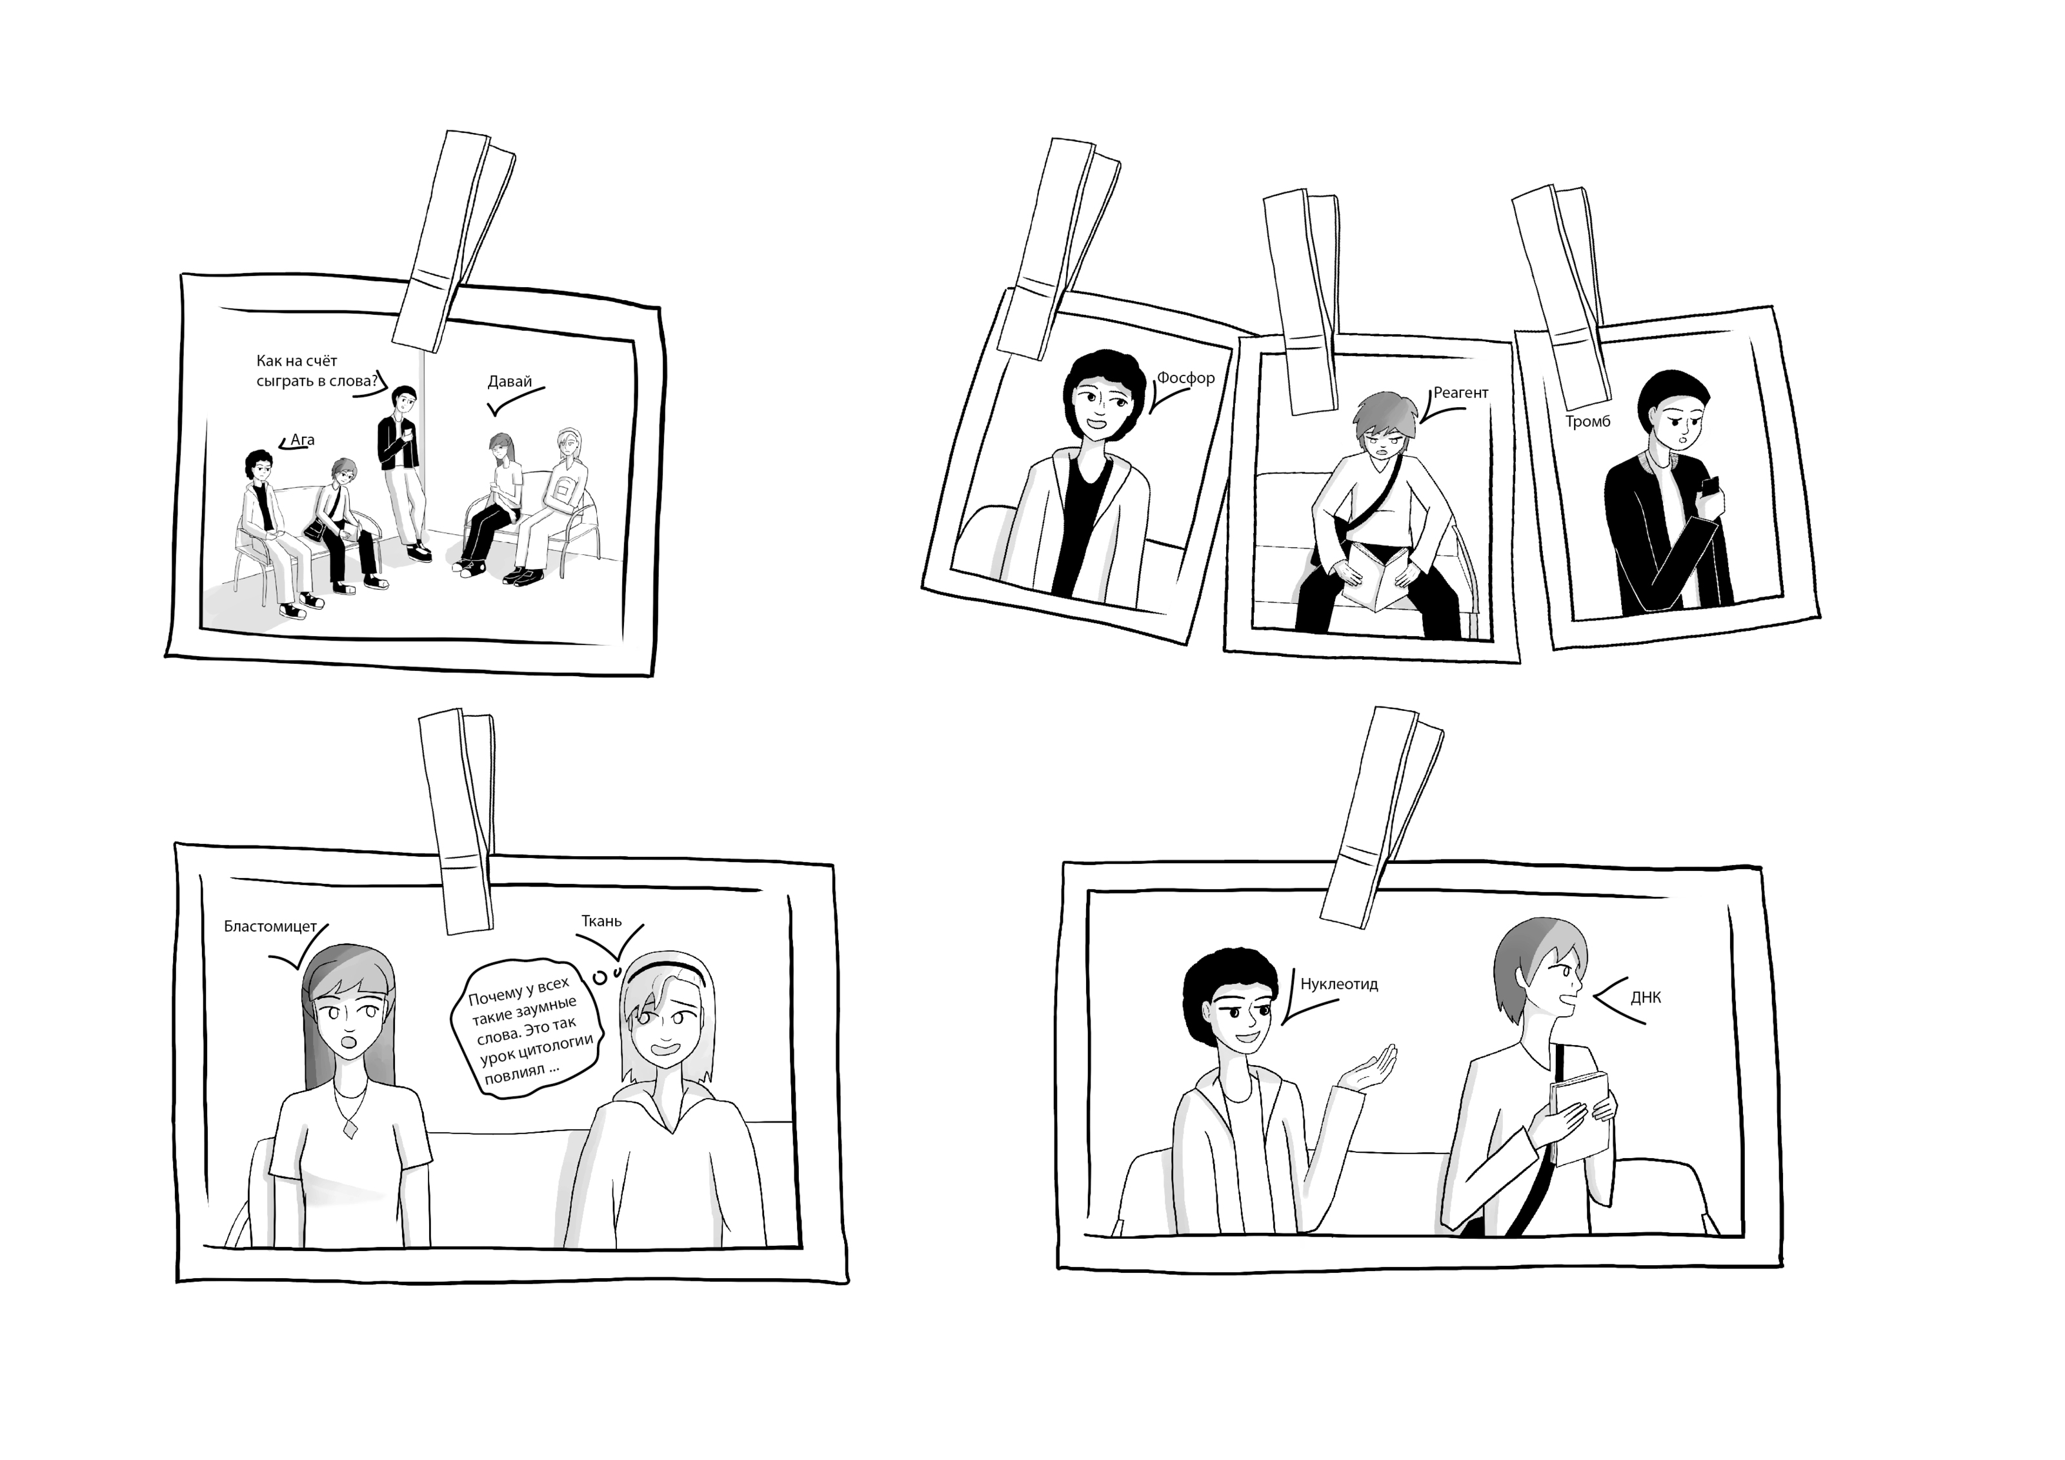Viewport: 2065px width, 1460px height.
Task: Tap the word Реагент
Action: (1460, 393)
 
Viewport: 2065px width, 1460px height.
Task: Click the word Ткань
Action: (601, 921)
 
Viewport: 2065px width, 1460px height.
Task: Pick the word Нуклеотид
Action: (1339, 985)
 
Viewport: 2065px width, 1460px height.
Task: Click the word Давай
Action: (509, 381)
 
